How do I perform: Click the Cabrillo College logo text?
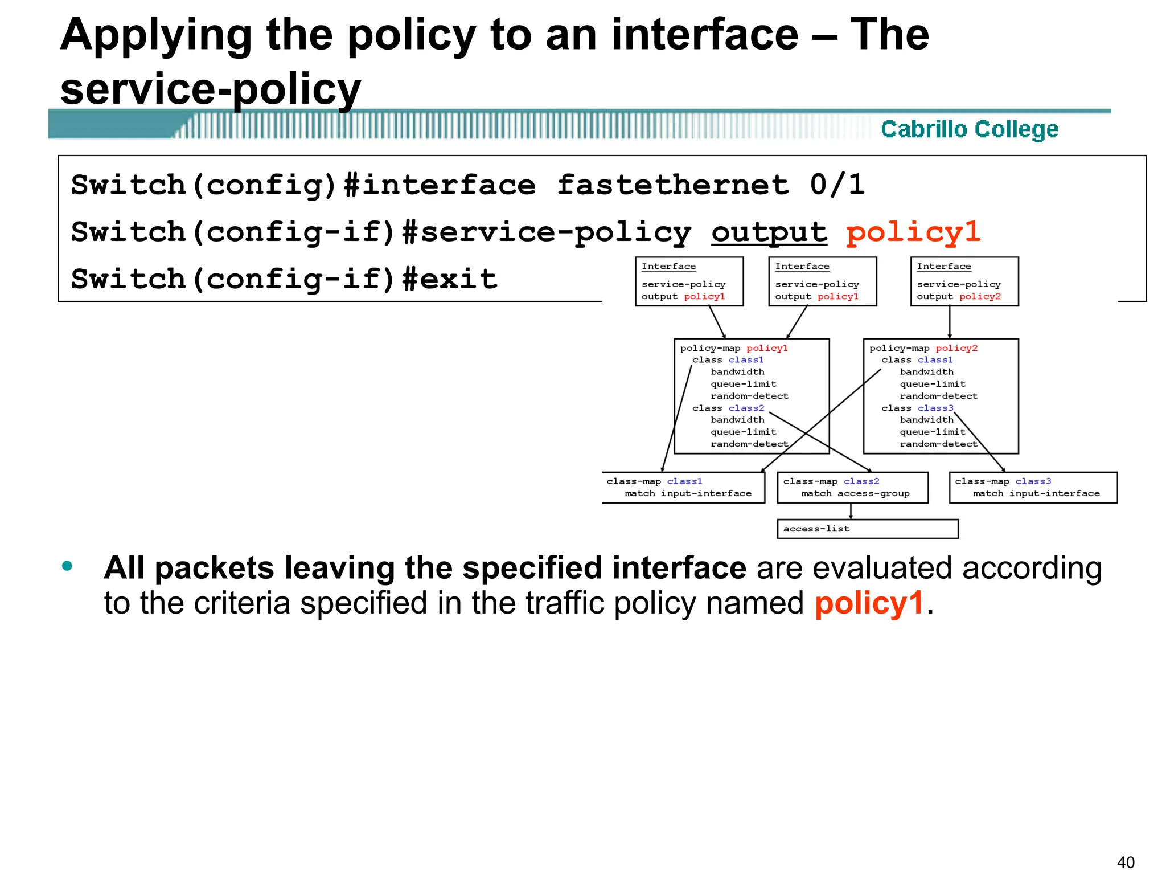[x=969, y=129]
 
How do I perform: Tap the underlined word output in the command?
[x=769, y=232]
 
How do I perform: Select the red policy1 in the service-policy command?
[x=913, y=232]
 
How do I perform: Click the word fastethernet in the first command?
[x=673, y=185]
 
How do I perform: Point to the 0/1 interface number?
[x=837, y=185]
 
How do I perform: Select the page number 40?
[x=1126, y=862]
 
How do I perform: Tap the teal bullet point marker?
[x=67, y=566]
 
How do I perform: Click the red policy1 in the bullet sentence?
[x=869, y=603]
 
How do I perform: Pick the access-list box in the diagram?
[x=867, y=529]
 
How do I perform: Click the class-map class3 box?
[x=1033, y=488]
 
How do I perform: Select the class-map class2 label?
[x=831, y=481]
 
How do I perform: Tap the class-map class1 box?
[x=683, y=488]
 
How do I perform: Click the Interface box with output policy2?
[x=964, y=281]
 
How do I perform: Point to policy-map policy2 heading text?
[x=923, y=348]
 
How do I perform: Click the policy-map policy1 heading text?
[x=734, y=348]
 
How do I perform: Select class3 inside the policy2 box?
[x=935, y=408]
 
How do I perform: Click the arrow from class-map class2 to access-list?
[x=851, y=511]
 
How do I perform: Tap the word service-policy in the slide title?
[x=211, y=89]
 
